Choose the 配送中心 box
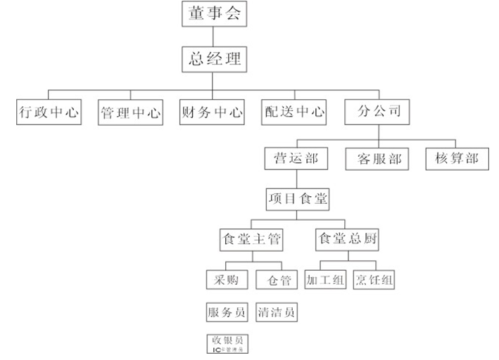pos(294,112)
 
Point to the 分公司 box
pos(379,111)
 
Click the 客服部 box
pos(377,159)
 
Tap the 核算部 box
pos(457,158)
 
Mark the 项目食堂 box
pos(297,199)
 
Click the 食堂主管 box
pos(251,240)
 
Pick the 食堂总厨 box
pos(348,240)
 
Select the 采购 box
pos(227,280)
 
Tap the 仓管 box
pos(274,280)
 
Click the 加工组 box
pos(326,280)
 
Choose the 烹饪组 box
pos(374,280)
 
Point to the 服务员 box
pos(227,311)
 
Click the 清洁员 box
pos(276,311)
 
